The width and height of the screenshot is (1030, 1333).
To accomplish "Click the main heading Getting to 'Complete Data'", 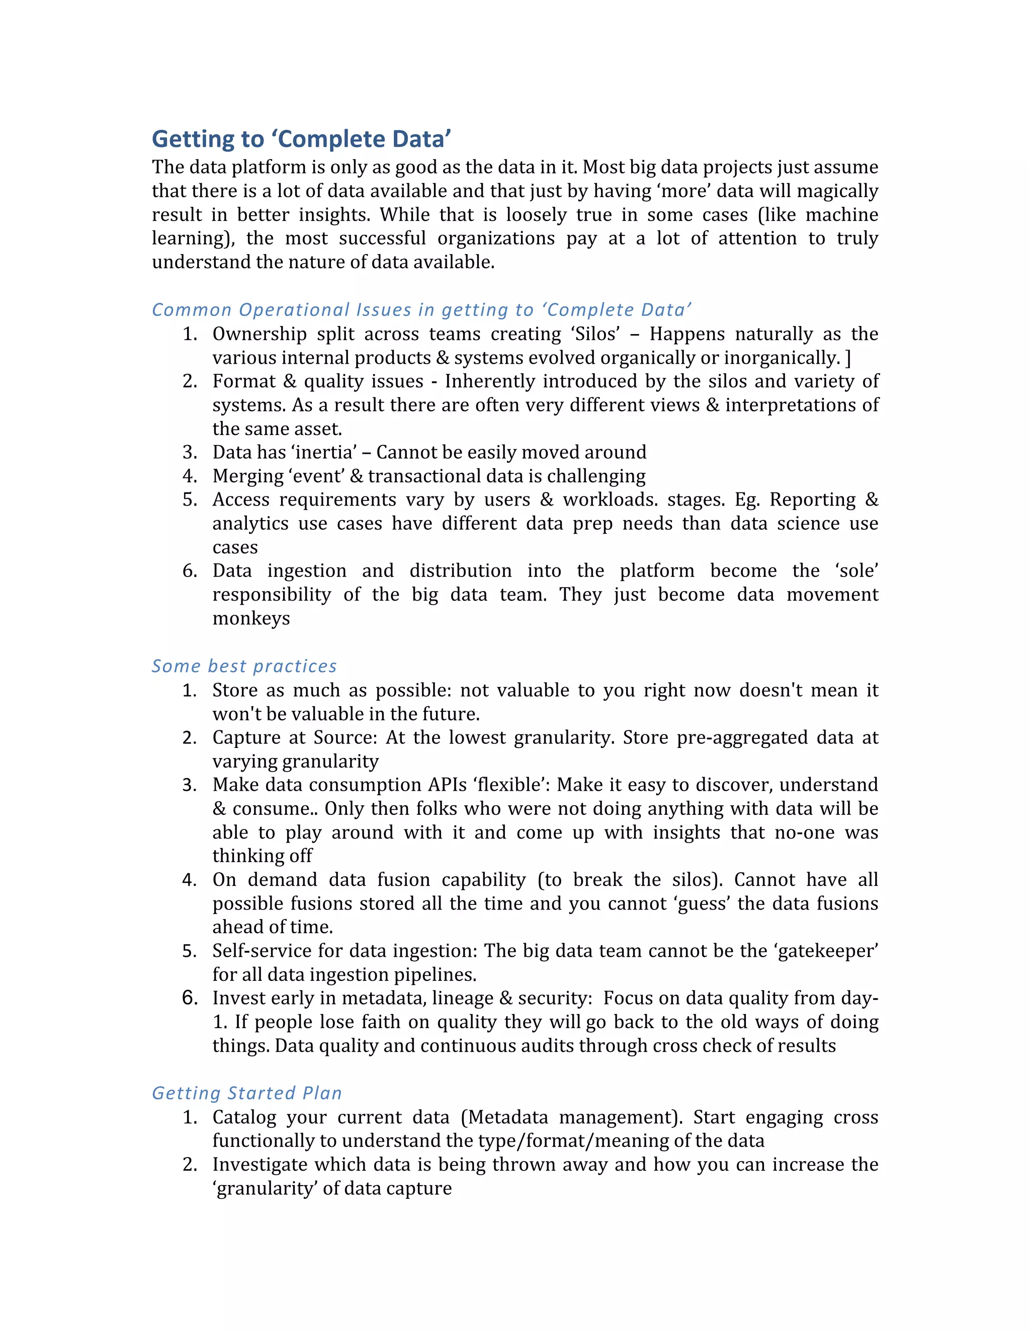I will pyautogui.click(x=301, y=139).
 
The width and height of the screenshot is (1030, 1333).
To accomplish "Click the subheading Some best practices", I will pyautogui.click(x=244, y=666).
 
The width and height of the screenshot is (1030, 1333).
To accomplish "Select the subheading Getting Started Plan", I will pyautogui.click(x=246, y=1093).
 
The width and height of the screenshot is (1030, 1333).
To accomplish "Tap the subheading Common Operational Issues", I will pyautogui.click(x=421, y=309).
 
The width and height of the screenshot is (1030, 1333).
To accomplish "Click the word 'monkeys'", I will pyautogui.click(x=251, y=618).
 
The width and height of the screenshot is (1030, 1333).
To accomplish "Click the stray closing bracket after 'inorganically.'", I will pyautogui.click(x=847, y=358).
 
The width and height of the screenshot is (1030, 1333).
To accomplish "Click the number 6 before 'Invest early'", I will pyautogui.click(x=190, y=998).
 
